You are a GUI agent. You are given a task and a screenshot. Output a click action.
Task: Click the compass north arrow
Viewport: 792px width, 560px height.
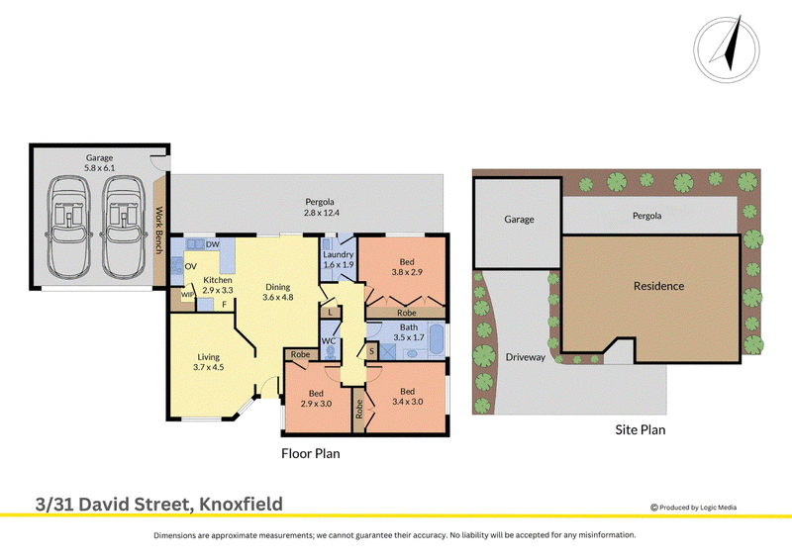730,46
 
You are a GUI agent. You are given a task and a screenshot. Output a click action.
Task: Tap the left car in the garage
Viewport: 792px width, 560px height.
68,227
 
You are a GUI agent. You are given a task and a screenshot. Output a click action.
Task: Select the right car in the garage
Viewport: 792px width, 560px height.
123,227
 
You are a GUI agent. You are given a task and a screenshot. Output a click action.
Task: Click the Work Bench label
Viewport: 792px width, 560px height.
158,231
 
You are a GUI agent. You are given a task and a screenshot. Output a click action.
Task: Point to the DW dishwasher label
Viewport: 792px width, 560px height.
213,244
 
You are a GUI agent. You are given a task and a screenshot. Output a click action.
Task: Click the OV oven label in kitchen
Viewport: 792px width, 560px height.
190,266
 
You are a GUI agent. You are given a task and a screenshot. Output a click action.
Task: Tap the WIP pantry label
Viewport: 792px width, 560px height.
187,295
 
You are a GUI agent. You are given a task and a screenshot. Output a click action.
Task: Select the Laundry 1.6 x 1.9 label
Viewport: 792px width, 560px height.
338,259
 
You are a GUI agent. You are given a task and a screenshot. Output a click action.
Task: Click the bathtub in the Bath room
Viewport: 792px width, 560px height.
437,339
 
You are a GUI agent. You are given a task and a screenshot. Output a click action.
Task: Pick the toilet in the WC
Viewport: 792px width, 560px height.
331,352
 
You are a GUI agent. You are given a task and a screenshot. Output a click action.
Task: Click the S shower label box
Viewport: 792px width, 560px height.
372,350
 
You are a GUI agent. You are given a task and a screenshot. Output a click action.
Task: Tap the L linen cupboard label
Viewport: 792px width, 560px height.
330,313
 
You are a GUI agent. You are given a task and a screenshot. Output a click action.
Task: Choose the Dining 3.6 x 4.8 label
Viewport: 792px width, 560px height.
278,292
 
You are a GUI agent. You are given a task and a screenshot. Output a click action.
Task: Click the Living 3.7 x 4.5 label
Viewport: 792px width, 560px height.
208,362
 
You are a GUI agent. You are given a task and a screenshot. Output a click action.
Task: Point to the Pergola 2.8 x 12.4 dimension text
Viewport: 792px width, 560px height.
321,213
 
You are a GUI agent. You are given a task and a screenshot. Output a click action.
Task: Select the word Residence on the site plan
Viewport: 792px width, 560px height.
658,286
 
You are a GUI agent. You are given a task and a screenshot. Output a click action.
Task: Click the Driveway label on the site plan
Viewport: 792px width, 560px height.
526,357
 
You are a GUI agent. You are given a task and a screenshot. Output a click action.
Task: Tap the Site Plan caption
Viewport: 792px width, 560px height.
640,429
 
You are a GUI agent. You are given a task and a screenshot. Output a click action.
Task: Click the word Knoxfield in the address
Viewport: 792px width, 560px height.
241,504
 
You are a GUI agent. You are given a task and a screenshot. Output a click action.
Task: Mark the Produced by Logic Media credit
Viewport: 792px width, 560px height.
694,508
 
